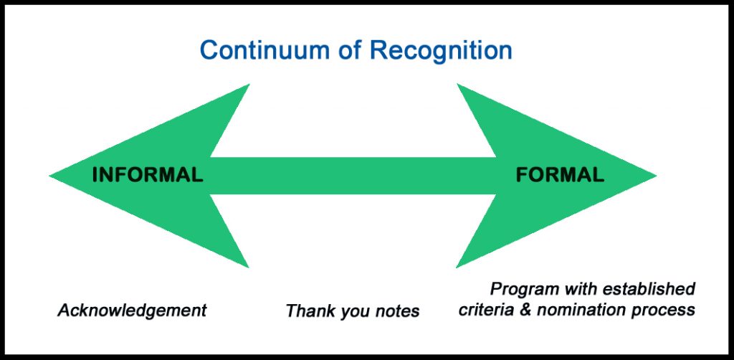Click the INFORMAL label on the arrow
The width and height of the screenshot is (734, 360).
point(148,174)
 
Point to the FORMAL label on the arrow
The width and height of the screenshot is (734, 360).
point(560,174)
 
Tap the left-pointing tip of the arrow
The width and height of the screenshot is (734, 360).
point(52,176)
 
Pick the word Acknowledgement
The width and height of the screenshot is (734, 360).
point(132,311)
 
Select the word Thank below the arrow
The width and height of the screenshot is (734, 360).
point(309,311)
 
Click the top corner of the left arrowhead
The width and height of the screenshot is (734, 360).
point(248,86)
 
